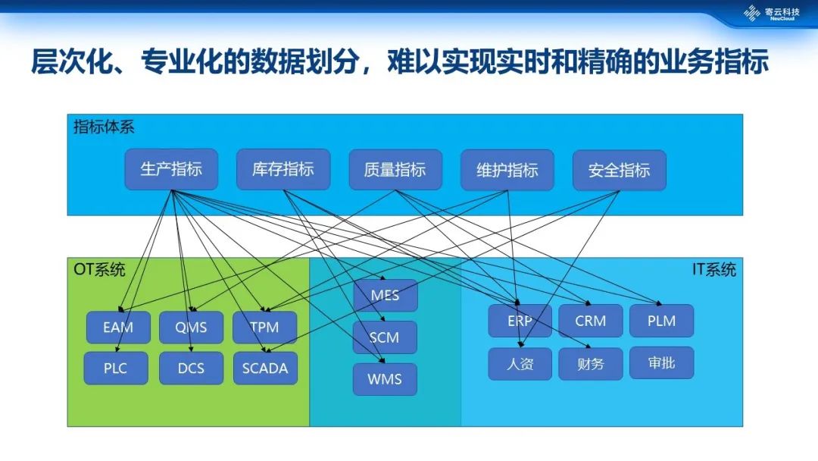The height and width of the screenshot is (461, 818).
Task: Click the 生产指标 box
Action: click(x=171, y=169)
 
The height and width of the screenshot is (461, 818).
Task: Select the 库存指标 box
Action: click(x=283, y=169)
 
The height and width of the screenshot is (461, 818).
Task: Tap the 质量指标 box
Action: click(x=395, y=170)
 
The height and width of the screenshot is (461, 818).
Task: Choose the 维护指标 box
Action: click(x=507, y=170)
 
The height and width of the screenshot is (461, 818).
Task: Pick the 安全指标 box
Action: click(x=620, y=170)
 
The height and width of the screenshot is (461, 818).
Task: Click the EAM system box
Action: click(x=118, y=328)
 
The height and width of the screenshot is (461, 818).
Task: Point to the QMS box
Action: click(x=191, y=328)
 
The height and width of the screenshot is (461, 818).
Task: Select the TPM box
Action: click(x=264, y=328)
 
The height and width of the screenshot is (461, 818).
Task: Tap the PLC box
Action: click(x=116, y=368)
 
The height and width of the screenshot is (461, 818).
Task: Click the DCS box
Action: click(x=191, y=368)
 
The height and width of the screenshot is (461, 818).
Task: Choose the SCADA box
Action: click(x=265, y=368)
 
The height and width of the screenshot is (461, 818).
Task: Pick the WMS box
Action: click(x=385, y=379)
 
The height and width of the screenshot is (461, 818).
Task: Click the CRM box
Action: click(x=591, y=321)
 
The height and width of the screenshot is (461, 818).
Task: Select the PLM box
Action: click(x=662, y=321)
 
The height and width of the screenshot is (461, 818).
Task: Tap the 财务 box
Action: click(x=591, y=364)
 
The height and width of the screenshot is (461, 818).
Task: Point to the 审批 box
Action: click(x=662, y=363)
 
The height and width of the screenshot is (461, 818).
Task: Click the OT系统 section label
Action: click(x=99, y=269)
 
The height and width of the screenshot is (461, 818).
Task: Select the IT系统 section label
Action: click(x=713, y=269)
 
